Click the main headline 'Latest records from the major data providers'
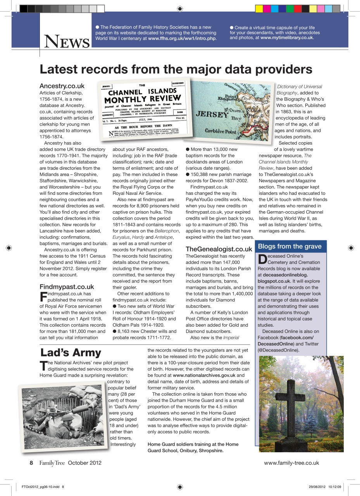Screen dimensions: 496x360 [176, 69]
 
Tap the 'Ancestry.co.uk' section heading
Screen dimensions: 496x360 [62, 86]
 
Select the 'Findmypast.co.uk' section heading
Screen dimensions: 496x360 [67, 287]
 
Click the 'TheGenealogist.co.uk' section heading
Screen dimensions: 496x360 [219, 249]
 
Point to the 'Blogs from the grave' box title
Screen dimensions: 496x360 [289, 246]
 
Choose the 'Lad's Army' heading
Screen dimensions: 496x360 [71, 352]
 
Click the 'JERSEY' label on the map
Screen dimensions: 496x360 [211, 115]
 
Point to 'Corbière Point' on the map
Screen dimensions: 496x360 [220, 132]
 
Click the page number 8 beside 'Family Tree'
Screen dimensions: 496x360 [31, 463]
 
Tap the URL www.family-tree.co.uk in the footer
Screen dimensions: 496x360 [291, 463]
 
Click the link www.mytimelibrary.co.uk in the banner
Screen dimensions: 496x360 [287, 38]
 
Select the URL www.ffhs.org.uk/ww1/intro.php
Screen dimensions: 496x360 [182, 38]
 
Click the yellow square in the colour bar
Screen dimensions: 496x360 [259, 9]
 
